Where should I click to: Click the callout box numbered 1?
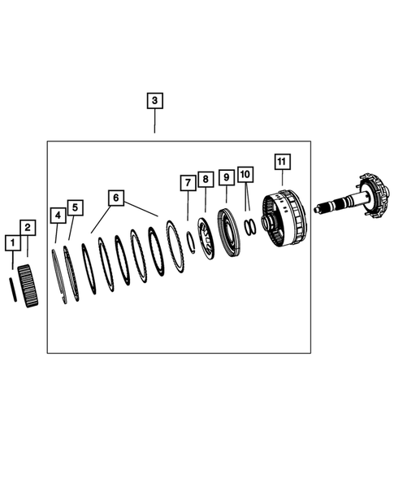tap(11, 242)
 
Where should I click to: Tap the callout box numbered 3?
tap(154, 102)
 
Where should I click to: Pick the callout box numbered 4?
tap(58, 216)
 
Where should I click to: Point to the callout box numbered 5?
tap(75, 207)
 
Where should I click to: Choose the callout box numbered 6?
tap(116, 198)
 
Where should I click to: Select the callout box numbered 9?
tap(226, 176)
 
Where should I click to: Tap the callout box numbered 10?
tap(246, 175)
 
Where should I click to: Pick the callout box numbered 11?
tap(281, 161)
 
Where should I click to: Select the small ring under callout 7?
tap(189, 241)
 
